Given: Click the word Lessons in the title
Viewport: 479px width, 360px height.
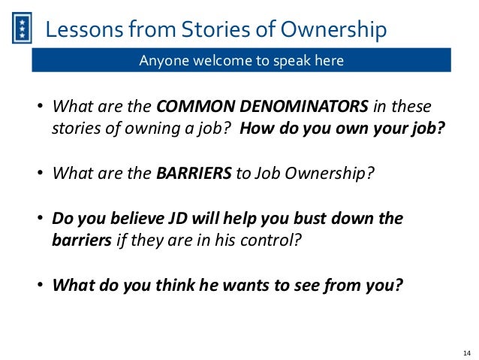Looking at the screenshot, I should coord(80,30).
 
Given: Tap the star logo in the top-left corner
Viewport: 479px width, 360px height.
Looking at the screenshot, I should coord(23,30).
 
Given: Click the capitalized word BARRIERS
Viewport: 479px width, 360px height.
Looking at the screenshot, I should coord(194,174).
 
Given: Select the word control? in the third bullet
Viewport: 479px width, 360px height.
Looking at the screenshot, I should coord(258,242).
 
